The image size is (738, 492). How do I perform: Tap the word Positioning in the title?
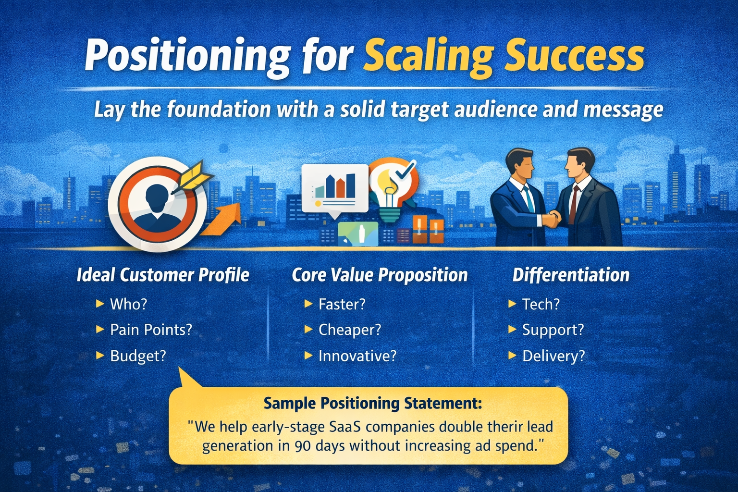(187, 56)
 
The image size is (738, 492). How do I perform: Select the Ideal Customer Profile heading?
(163, 275)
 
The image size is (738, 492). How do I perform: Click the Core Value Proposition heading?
(380, 275)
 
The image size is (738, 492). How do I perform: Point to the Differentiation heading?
(571, 275)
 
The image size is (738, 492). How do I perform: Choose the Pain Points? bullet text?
(151, 330)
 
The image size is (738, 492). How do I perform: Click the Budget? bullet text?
(138, 356)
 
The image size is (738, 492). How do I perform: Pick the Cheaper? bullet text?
(349, 330)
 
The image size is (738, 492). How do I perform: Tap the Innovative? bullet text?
(357, 356)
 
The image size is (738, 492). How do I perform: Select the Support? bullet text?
(553, 330)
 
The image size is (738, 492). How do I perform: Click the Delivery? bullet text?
(553, 356)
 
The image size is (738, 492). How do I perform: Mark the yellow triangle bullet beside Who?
(100, 304)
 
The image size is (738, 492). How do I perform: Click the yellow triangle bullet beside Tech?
(512, 304)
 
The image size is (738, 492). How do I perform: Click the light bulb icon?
(390, 192)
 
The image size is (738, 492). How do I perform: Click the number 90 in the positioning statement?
(302, 446)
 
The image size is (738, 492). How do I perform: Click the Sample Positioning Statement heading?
(372, 403)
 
